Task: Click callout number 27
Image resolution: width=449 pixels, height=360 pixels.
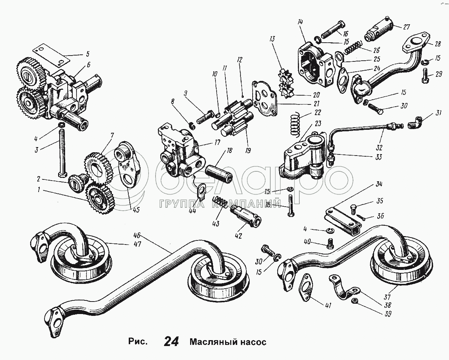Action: (x=406, y=27)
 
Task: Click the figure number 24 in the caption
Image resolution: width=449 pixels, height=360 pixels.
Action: (x=172, y=342)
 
